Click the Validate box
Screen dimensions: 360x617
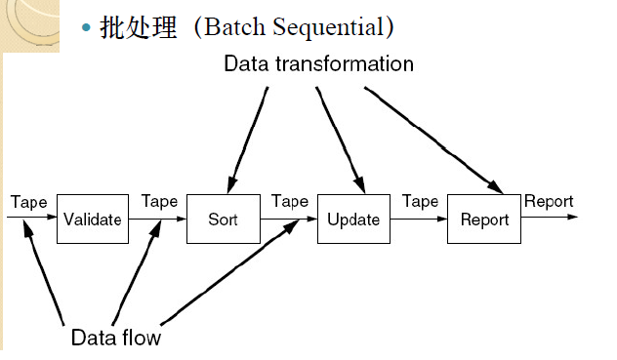pyautogui.click(x=92, y=220)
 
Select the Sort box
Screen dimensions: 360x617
pyautogui.click(x=223, y=220)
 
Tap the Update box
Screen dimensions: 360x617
pyautogui.click(x=353, y=220)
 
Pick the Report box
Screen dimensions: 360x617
pyautogui.click(x=485, y=220)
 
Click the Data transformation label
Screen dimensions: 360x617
pyautogui.click(x=318, y=64)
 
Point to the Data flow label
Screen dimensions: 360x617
pyautogui.click(x=115, y=339)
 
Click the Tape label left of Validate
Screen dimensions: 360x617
pyautogui.click(x=28, y=202)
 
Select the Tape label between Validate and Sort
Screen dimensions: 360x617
pyautogui.click(x=159, y=202)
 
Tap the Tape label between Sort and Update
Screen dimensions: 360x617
pyautogui.click(x=290, y=202)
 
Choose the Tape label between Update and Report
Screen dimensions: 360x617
pyautogui.click(x=421, y=202)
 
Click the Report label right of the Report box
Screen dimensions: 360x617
pyautogui.click(x=549, y=202)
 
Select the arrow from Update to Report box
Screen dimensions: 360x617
pyautogui.click(x=419, y=220)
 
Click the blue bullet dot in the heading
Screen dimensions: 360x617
pyautogui.click(x=86, y=28)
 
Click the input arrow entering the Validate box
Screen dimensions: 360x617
pyautogui.click(x=29, y=220)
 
